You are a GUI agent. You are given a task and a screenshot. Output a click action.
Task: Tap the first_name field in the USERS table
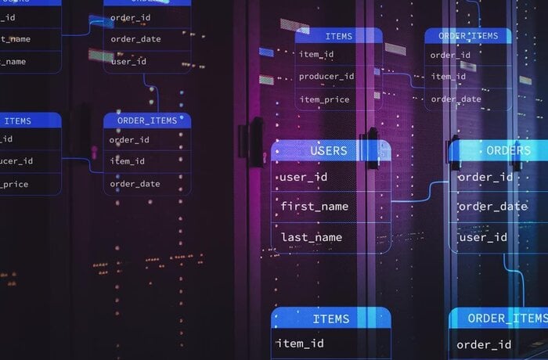[x=315, y=207]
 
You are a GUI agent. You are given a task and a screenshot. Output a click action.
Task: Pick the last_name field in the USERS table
[x=312, y=237]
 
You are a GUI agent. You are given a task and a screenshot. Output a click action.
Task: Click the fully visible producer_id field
[x=326, y=77]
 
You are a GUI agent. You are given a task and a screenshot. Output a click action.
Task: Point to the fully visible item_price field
[x=324, y=99]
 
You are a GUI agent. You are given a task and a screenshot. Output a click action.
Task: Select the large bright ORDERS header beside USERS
[x=507, y=150]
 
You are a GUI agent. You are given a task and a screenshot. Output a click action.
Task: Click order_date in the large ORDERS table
[x=492, y=207]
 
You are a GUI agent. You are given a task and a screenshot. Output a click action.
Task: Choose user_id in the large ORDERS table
[x=483, y=237]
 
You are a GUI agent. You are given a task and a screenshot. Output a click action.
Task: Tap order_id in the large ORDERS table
[x=485, y=178]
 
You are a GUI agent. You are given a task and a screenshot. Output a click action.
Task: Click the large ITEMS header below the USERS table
[x=330, y=319]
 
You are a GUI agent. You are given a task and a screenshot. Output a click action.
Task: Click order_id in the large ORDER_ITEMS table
[x=485, y=344]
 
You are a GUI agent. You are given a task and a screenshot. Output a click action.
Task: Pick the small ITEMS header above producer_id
[x=338, y=36]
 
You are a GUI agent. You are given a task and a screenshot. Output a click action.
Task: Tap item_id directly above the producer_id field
[x=317, y=54]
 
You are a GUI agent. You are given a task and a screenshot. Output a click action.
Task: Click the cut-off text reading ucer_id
[x=16, y=161]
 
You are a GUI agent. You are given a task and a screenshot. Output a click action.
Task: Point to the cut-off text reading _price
[x=15, y=184]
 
